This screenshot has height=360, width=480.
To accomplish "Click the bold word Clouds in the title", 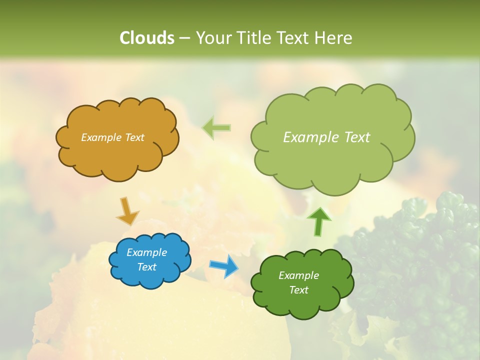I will point(146,38).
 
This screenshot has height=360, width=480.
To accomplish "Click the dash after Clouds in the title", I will point(184,38).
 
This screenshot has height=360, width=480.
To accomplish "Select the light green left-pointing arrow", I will point(216,128).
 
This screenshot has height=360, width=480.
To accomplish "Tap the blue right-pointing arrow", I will point(224,265).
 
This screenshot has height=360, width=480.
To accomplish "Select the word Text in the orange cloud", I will point(134,137).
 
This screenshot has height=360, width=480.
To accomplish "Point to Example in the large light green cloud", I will point(311,137).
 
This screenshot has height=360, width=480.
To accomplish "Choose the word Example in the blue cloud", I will point(147,252).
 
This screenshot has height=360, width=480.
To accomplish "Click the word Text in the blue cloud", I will point(147,267).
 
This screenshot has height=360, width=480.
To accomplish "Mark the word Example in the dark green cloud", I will point(298,275).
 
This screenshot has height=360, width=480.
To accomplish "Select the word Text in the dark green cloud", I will point(298,290).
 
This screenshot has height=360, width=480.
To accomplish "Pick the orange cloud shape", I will point(117,160).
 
